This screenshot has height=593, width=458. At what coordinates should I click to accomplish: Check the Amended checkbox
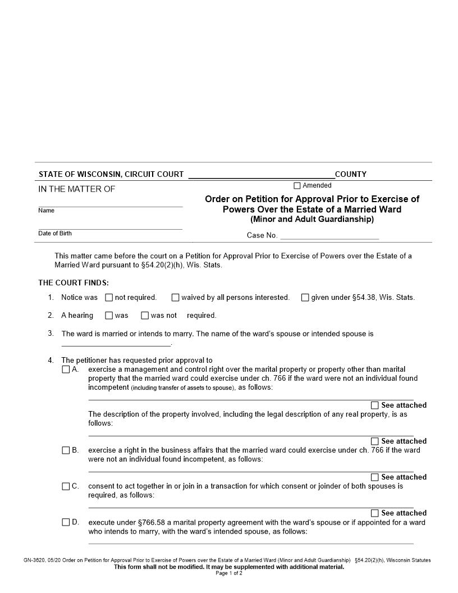[297, 186]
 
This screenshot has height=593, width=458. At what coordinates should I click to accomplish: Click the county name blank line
[261, 175]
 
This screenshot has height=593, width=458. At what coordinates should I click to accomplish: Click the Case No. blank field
[329, 236]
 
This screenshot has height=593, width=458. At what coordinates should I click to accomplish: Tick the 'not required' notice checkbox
[109, 298]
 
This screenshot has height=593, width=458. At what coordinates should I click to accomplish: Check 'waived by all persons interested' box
[175, 298]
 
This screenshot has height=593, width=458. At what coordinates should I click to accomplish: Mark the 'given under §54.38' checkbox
[305, 298]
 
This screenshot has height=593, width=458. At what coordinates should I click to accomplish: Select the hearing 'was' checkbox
[109, 316]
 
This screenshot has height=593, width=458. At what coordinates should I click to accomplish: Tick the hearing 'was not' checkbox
[145, 316]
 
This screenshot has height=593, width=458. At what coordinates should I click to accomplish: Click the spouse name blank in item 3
[116, 343]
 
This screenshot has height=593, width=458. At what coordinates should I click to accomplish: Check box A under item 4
[66, 370]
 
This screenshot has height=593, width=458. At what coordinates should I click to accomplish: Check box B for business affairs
[66, 450]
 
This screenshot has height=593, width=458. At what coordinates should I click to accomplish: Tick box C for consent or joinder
[66, 486]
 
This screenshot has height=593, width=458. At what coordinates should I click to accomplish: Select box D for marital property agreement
[66, 522]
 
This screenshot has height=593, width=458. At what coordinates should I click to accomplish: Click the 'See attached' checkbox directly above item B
[374, 441]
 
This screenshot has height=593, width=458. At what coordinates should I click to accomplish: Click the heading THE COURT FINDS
[74, 282]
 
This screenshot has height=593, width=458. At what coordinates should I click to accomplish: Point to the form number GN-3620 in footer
[35, 560]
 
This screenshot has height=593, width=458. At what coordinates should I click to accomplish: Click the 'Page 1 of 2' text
[229, 573]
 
